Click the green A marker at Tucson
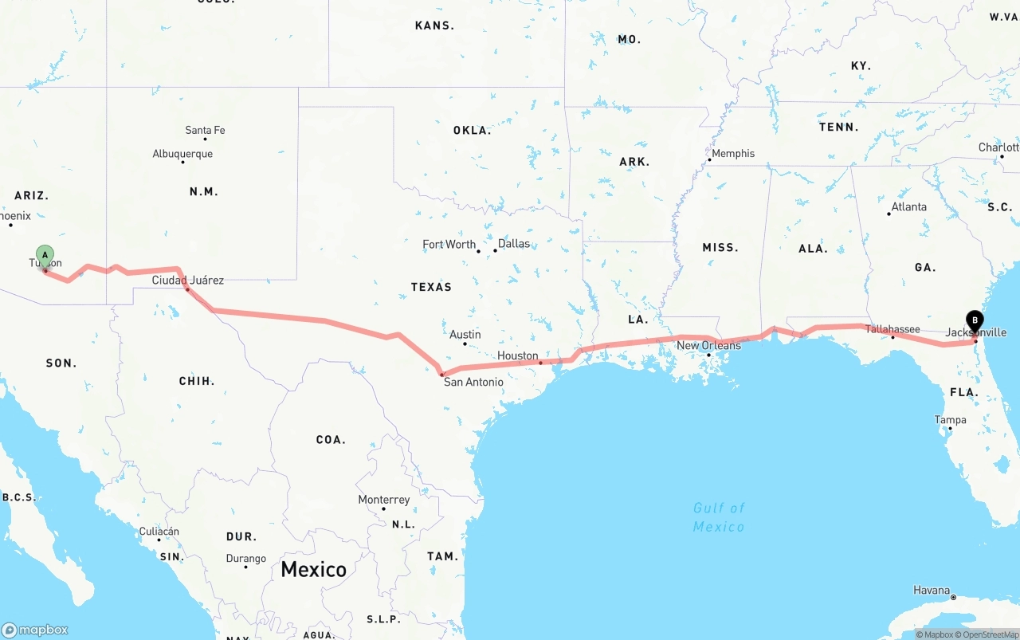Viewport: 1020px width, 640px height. (45, 256)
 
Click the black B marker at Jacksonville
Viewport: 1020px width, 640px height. (975, 320)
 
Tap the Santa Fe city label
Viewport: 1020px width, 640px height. (205, 130)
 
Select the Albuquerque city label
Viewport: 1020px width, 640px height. (182, 153)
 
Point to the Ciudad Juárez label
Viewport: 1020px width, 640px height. (188, 280)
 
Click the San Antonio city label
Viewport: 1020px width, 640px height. (473, 382)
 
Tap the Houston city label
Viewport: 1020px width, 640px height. (518, 355)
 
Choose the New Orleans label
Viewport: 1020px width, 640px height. (708, 345)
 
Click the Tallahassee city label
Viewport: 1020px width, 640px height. (892, 328)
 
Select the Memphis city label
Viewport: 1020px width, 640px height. (733, 153)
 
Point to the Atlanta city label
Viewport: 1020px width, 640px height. (909, 206)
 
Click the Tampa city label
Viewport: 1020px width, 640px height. (951, 420)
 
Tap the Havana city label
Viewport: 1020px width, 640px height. (932, 591)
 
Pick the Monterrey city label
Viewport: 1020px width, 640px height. (384, 500)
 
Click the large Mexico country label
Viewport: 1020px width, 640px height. (313, 569)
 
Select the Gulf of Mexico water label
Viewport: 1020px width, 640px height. (719, 517)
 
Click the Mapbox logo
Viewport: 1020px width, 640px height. (35, 630)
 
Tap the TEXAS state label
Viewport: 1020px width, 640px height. (431, 287)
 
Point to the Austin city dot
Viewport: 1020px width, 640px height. (465, 344)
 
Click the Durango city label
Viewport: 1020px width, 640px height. (246, 559)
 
